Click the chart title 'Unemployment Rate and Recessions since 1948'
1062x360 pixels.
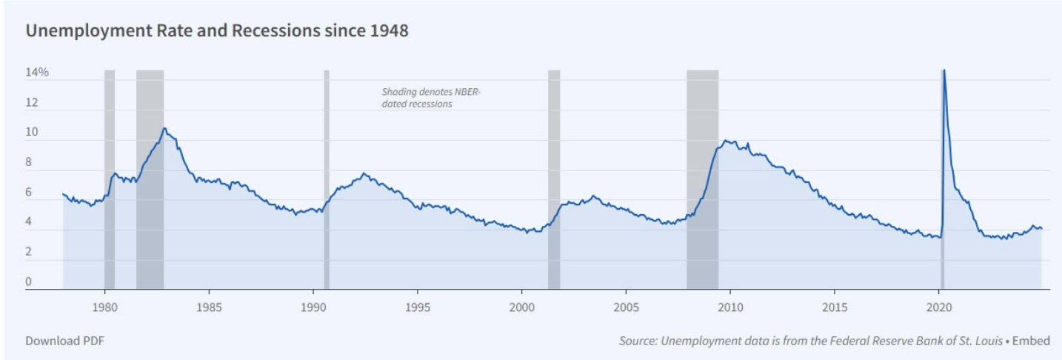point(217,32)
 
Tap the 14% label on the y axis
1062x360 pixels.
point(37,73)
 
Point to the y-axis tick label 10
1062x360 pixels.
point(32,133)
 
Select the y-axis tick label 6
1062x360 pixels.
point(29,193)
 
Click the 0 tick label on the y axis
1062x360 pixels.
point(29,281)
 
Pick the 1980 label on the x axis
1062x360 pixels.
point(104,307)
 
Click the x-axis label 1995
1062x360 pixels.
point(418,307)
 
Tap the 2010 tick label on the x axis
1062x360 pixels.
point(730,307)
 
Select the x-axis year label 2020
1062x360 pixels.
point(939,307)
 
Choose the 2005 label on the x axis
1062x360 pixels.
point(626,307)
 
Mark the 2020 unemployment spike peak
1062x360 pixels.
point(944,71)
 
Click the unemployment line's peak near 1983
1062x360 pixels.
point(164,129)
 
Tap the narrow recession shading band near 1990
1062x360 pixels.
point(327,178)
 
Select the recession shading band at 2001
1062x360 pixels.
point(554,178)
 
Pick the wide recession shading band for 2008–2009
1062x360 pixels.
point(702,178)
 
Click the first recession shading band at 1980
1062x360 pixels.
point(110,178)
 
